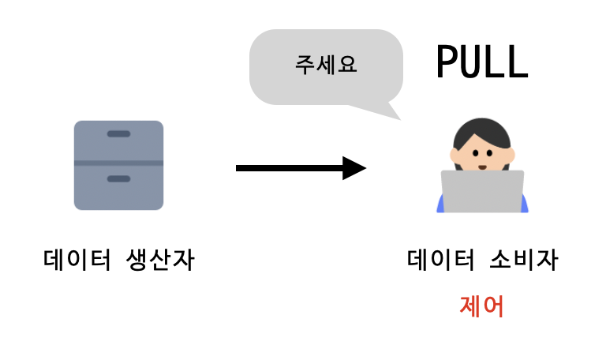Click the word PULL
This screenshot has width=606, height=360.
click(x=481, y=62)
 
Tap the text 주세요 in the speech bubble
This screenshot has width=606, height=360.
click(x=326, y=65)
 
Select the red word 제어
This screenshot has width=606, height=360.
click(x=481, y=306)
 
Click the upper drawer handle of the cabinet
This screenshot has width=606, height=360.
click(x=118, y=133)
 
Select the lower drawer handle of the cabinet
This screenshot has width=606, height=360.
click(x=118, y=179)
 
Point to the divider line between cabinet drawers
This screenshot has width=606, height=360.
click(x=118, y=163)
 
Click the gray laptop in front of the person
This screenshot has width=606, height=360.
click(x=482, y=191)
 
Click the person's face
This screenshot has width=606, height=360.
click(x=482, y=154)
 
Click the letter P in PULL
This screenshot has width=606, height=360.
click(x=447, y=62)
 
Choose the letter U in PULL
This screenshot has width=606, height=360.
click(x=470, y=62)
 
